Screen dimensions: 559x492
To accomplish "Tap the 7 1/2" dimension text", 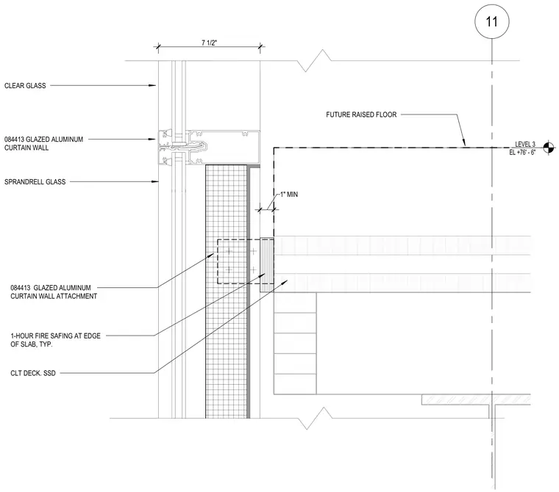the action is click(210, 43).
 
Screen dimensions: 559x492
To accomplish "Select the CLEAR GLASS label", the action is click(25, 85).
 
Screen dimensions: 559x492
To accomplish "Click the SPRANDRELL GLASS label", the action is click(35, 181).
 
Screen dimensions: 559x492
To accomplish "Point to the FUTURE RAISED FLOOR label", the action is click(361, 115).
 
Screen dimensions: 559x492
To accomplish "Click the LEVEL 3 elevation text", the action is click(524, 144).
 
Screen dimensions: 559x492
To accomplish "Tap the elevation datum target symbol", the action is click(549, 148).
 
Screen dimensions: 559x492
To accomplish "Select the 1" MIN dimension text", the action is click(289, 195).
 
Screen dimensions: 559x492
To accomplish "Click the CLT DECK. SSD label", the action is click(33, 373).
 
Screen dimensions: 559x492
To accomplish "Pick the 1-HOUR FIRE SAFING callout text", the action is click(56, 340).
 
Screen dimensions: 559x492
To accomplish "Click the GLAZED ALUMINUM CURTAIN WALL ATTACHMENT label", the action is click(54, 292).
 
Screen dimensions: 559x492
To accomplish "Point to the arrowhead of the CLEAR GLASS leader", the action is click(154, 85).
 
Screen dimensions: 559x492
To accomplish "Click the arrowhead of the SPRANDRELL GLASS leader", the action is click(155, 181).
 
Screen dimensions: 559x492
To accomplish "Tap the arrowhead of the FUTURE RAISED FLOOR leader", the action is click(464, 143).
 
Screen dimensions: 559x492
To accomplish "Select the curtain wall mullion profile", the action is click(209, 148).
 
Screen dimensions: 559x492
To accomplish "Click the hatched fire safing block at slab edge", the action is click(267, 265).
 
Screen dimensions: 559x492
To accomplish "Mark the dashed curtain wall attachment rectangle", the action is click(218, 261).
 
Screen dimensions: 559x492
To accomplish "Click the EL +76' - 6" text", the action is click(522, 152).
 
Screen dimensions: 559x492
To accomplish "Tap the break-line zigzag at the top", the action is click(314, 60).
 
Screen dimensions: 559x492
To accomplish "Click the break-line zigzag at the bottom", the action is click(315, 419).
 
